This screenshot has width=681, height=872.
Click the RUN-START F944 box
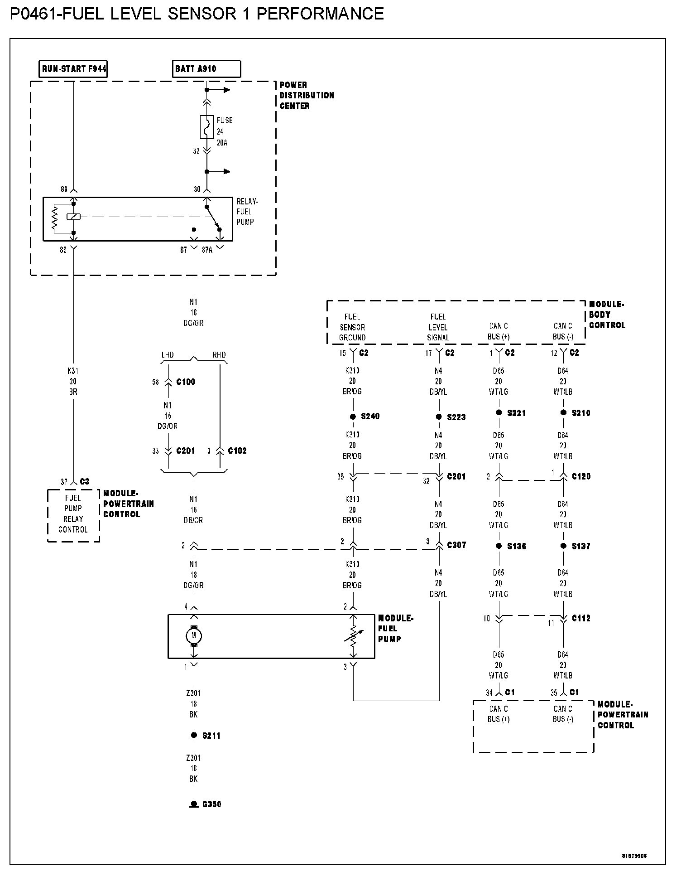pos(73,69)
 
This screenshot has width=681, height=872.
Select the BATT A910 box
pos(207,69)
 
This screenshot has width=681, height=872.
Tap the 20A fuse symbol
pos(207,127)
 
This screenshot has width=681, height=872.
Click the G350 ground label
pos(211,804)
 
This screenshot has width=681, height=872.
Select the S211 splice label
pos(211,736)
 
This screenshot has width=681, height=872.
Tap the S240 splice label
pos(370,417)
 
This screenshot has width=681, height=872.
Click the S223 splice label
pos(456,417)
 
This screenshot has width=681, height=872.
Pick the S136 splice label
pos(516,547)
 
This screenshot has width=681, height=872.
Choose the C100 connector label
pos(186,382)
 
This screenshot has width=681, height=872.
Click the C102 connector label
pos(237,451)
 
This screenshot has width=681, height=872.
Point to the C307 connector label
pos(456,545)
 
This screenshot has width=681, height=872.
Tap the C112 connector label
pos(581,619)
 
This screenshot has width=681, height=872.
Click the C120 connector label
pos(581,477)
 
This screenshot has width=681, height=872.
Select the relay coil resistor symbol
pos(55,218)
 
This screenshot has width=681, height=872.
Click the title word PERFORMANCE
pos(320,14)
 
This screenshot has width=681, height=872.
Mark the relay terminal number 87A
pos(207,250)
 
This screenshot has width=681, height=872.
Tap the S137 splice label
pos(580,547)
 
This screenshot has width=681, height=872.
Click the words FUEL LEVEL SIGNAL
pos(438,327)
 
